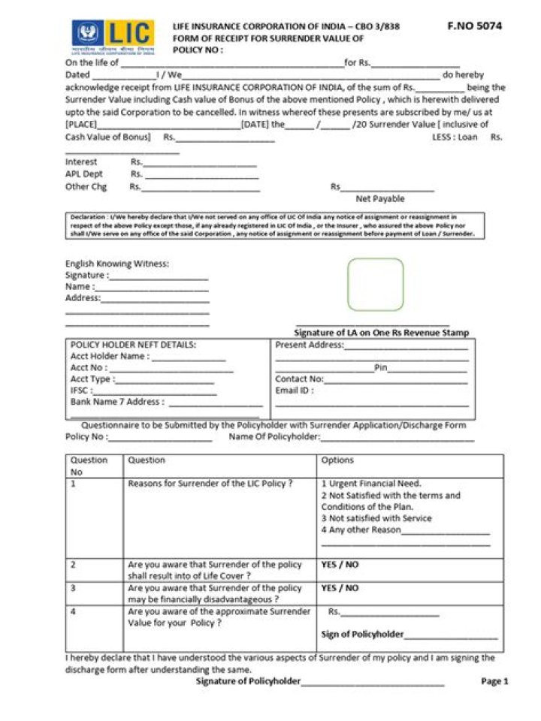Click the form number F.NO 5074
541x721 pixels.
(x=474, y=26)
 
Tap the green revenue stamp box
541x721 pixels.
(x=376, y=285)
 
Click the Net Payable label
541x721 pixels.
(x=379, y=199)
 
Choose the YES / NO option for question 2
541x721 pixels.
(x=340, y=565)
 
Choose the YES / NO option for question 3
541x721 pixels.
(x=340, y=588)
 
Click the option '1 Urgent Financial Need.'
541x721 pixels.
(x=371, y=484)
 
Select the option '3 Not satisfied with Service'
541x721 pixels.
(x=376, y=518)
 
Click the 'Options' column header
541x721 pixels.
(x=337, y=460)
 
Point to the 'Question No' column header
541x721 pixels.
(x=89, y=466)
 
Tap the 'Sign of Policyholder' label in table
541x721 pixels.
(x=362, y=635)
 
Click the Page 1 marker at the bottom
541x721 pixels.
(x=494, y=682)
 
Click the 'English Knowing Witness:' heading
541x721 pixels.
(x=117, y=264)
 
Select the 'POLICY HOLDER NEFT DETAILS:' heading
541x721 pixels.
(x=133, y=345)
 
